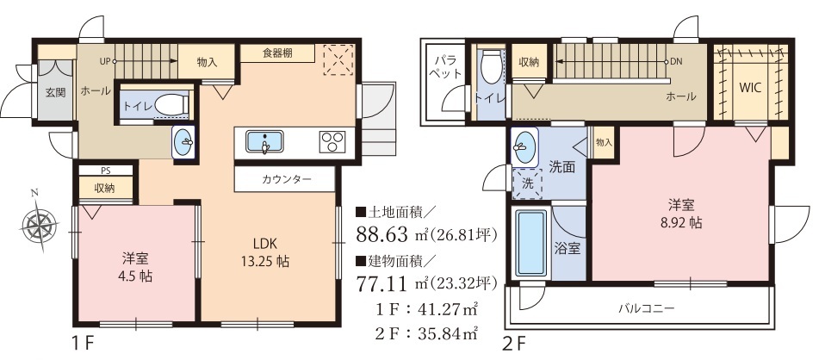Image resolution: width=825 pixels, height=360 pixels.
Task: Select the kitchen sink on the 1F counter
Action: [264, 142]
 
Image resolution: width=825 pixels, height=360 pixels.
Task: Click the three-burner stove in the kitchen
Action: [332, 142]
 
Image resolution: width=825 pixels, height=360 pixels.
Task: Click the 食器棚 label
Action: [277, 53]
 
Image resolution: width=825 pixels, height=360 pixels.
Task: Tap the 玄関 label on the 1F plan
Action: [55, 93]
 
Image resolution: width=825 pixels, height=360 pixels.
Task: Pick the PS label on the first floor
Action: [106, 171]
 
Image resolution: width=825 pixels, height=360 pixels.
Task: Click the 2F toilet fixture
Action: [493, 66]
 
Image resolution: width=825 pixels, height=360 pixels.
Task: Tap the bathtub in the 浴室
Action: [530, 243]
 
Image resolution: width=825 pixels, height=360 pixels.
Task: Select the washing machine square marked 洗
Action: [527, 183]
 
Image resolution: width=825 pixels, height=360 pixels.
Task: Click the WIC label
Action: [751, 88]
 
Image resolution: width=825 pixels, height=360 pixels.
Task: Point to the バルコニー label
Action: [646, 308]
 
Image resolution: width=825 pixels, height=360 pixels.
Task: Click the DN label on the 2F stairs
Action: [676, 61]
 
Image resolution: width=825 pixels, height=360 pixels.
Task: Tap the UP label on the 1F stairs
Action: [105, 61]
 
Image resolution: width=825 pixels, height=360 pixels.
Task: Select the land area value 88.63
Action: [382, 233]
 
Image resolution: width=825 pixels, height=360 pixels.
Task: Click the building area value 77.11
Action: [381, 284]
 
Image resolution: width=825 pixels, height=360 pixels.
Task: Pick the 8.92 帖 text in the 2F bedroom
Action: [681, 222]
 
